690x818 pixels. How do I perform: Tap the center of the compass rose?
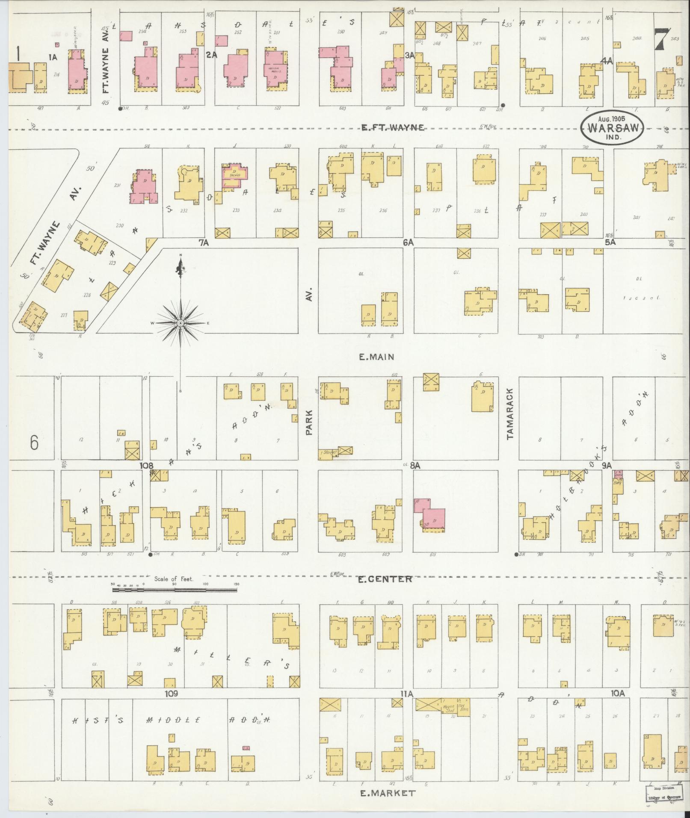click(181, 323)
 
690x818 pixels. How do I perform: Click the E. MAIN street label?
click(376, 357)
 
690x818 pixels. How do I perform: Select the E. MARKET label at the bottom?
click(387, 793)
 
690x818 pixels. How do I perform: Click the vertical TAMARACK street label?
click(509, 413)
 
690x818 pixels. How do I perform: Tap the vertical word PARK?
click(309, 422)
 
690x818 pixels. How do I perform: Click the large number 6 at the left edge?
click(34, 443)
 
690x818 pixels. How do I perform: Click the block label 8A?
click(415, 465)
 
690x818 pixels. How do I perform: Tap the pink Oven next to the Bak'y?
click(618, 474)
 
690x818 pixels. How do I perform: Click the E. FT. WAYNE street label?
click(393, 127)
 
